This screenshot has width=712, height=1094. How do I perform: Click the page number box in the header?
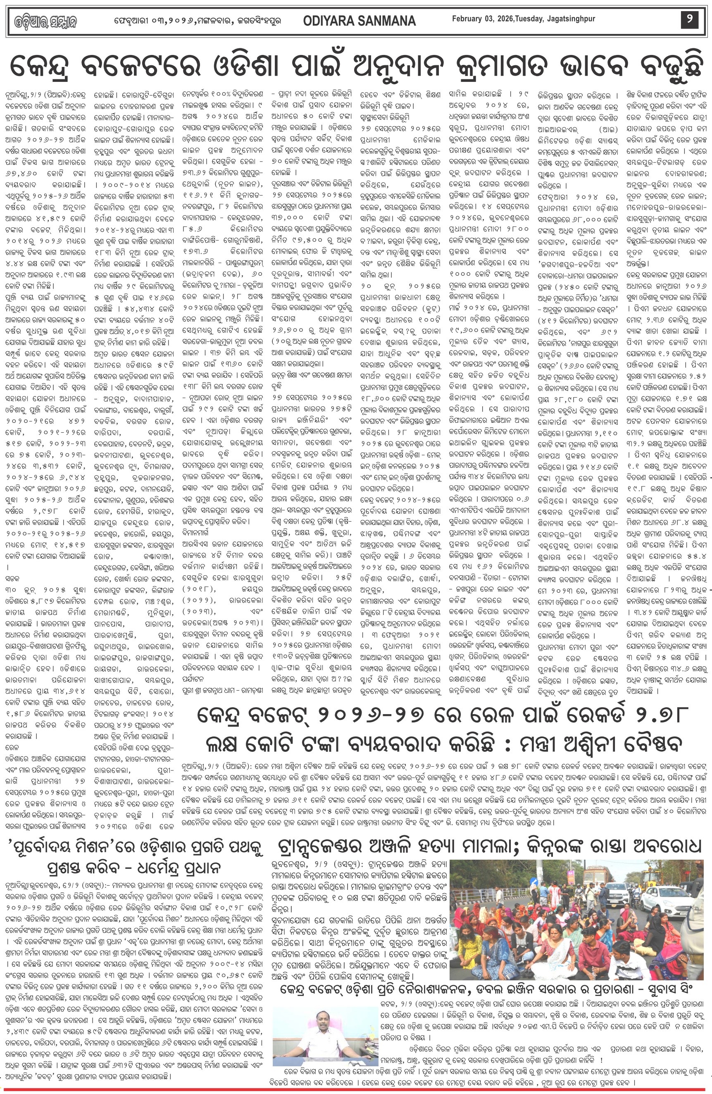click(x=689, y=20)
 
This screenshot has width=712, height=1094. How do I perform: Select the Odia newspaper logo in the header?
click(x=43, y=21)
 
